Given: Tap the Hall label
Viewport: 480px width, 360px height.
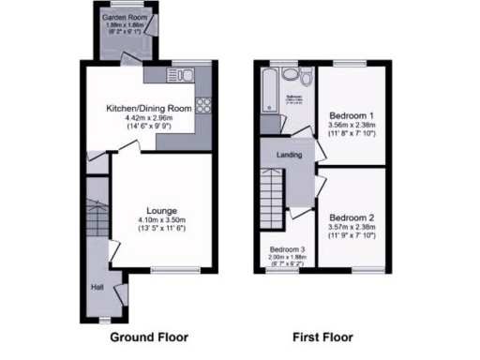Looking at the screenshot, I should click(x=97, y=288).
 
